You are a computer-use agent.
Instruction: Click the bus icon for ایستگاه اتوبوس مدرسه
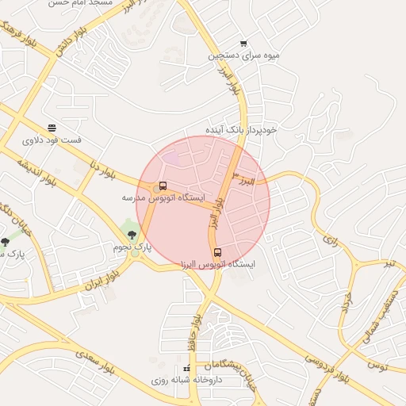coord(163,186)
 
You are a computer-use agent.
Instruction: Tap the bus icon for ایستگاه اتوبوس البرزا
coord(219,253)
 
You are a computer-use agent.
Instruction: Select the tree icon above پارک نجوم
coord(132,236)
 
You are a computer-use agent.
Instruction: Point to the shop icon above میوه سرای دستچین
coord(243,44)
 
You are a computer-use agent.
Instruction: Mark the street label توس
coord(377,366)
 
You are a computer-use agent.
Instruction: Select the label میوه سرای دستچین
coord(243,56)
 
